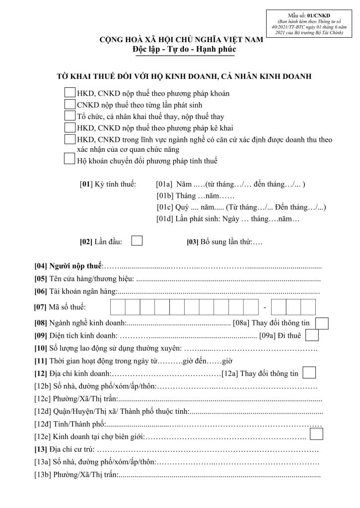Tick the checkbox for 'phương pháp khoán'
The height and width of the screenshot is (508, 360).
(70, 93)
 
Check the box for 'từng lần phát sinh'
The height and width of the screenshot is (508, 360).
(70, 105)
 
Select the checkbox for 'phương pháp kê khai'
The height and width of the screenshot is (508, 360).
(70, 128)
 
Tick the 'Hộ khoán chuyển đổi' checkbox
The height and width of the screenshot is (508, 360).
(70, 160)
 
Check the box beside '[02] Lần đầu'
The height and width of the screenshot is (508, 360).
(137, 241)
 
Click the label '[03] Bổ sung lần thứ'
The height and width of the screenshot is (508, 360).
(218, 242)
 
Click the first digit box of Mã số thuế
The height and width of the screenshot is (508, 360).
(118, 307)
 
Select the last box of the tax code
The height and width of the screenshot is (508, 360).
(308, 307)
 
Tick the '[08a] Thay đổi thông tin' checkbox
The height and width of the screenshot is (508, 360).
(322, 323)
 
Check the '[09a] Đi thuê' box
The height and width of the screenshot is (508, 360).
(312, 336)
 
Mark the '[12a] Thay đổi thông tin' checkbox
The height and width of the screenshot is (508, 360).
(309, 373)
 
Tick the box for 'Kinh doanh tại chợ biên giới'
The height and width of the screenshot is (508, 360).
(316, 434)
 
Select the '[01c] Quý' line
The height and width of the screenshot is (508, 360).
(241, 207)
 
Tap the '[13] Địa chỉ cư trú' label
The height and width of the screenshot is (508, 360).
(64, 449)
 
